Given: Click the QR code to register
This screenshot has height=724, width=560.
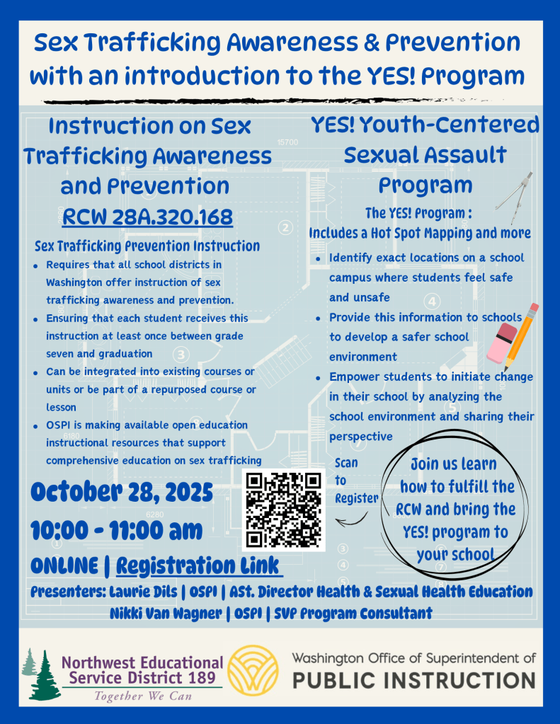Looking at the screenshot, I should (283, 510).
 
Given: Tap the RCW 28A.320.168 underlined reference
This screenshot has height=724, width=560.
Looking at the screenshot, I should (147, 217).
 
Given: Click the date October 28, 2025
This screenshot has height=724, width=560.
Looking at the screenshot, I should (122, 490).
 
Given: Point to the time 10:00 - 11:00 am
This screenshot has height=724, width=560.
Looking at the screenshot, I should (117, 529).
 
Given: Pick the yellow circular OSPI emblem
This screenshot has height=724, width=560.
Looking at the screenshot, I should (258, 670).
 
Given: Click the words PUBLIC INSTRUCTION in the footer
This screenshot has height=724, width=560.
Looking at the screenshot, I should (414, 681).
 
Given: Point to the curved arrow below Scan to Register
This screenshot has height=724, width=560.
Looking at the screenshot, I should (351, 522).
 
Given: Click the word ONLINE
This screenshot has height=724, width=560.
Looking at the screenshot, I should (64, 566).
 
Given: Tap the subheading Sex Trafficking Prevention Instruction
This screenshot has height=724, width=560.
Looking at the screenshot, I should (147, 246).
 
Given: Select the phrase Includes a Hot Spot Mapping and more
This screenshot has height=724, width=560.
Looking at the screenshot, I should (420, 233).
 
